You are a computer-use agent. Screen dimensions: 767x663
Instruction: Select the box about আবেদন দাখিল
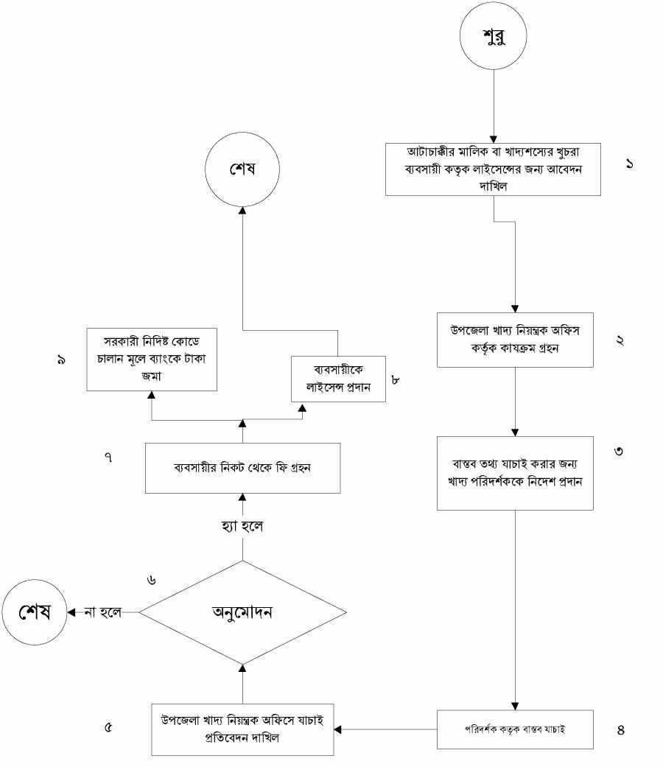tap(505, 169)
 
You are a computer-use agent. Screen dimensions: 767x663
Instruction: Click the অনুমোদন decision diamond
tap(242, 612)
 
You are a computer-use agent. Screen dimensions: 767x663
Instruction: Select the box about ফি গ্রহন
tap(242, 468)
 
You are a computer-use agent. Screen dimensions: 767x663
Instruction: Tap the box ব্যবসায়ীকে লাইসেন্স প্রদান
tap(339, 379)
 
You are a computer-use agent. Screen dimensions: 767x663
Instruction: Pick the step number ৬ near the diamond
tap(151, 579)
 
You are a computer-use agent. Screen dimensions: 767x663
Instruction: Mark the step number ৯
tap(60, 360)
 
